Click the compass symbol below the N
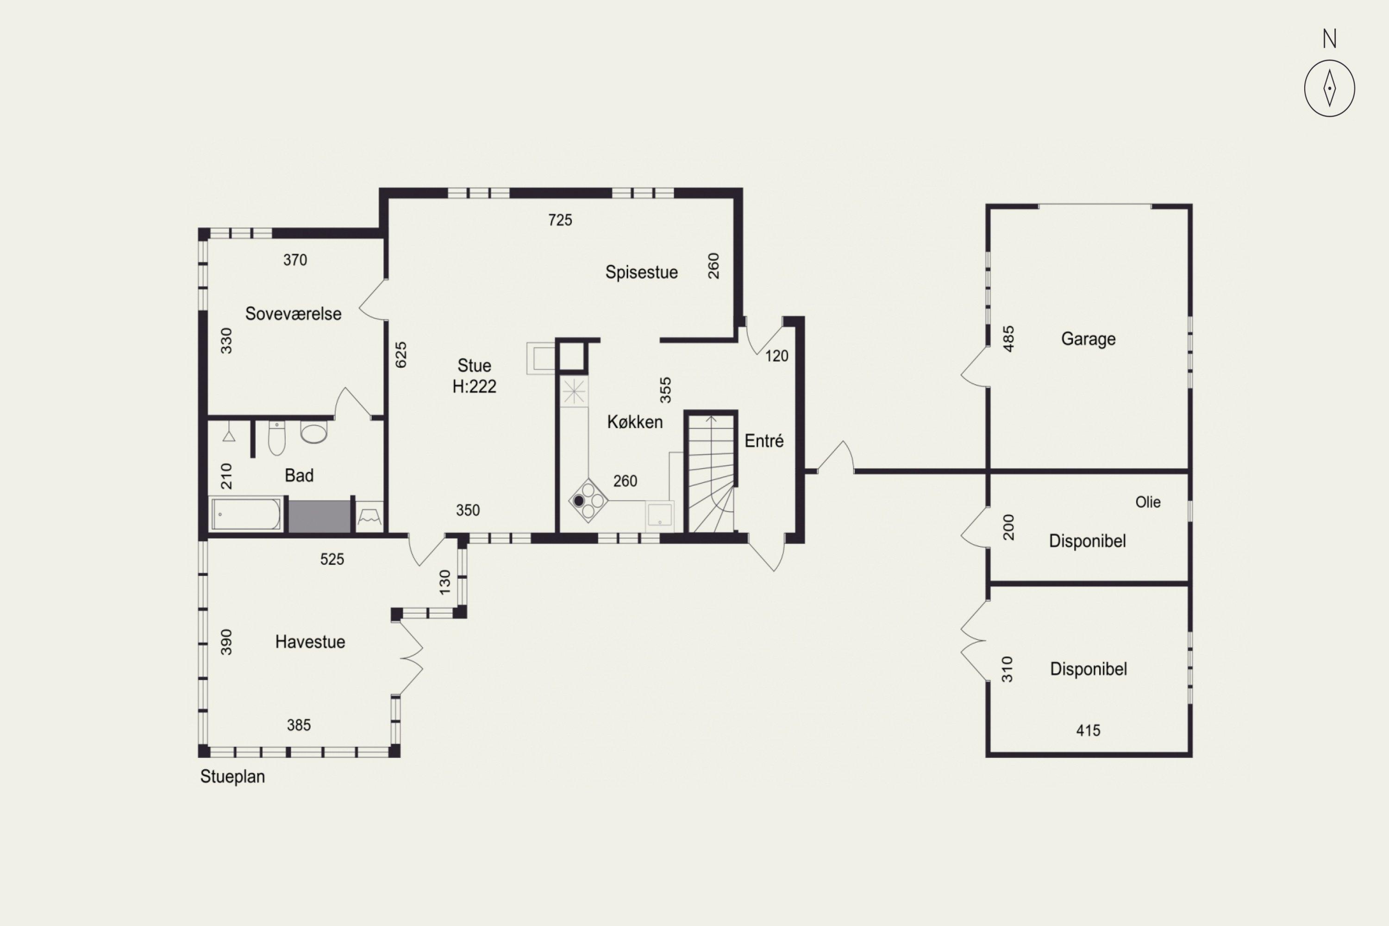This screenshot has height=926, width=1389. (x=1329, y=88)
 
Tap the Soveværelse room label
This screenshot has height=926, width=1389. (x=293, y=313)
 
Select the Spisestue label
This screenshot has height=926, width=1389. (x=641, y=272)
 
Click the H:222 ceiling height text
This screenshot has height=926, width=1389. (x=474, y=386)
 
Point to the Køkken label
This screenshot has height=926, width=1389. (x=635, y=422)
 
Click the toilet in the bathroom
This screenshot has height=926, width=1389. (x=276, y=438)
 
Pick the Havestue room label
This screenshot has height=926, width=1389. (x=310, y=642)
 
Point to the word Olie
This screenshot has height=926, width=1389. (x=1147, y=502)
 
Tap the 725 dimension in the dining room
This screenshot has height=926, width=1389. (x=560, y=220)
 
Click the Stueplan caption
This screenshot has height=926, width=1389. (x=232, y=776)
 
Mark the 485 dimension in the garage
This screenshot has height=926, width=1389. (x=1009, y=338)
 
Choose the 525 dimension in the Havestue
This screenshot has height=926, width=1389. (x=332, y=559)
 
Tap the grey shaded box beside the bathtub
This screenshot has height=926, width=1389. (x=319, y=516)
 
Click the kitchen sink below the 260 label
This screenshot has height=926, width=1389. (x=660, y=515)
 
